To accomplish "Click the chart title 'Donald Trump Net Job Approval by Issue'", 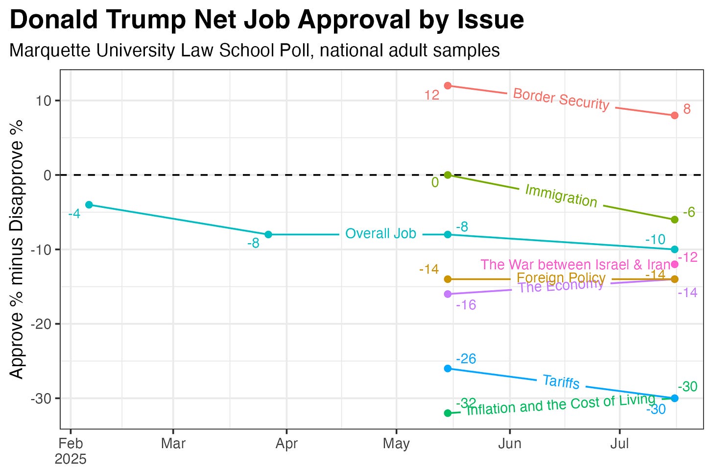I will click(x=266, y=21).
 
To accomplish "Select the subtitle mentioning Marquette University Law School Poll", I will click(x=254, y=50).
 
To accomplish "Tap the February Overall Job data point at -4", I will click(x=89, y=204).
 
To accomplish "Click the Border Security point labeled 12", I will click(x=448, y=86).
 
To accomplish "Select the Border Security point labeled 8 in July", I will click(x=674, y=115).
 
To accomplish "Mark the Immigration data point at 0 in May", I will click(x=448, y=175).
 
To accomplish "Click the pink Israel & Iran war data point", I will click(x=674, y=264).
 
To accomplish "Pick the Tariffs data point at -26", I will click(x=448, y=368).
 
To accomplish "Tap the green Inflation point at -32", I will click(x=448, y=413).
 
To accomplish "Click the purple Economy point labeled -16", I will click(x=448, y=294).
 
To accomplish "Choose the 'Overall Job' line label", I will click(x=380, y=234).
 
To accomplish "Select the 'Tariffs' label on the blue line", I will click(x=561, y=381).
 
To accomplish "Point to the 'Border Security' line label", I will click(x=561, y=100).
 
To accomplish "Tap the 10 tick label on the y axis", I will click(x=46, y=101).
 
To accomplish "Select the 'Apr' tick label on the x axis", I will click(x=286, y=444).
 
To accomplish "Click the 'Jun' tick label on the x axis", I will click(x=510, y=444).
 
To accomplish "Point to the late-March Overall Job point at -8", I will click(x=268, y=234).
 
